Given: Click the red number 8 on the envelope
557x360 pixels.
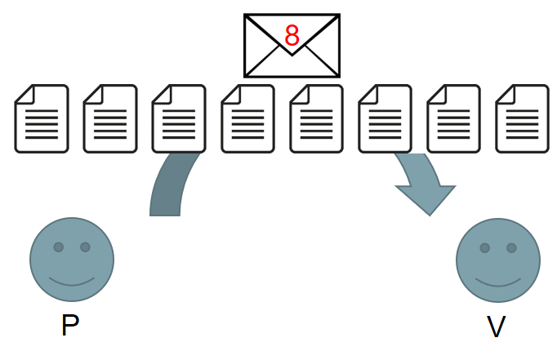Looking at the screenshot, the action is click(292, 35).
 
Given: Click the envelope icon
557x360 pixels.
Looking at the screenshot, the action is click(292, 46).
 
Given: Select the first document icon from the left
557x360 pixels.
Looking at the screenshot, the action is click(42, 119).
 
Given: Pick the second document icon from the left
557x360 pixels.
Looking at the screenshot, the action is click(110, 119).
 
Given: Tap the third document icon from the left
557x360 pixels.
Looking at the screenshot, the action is click(179, 119).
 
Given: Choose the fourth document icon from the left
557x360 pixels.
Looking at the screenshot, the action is click(247, 119).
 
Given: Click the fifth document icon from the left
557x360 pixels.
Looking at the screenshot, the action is click(316, 119).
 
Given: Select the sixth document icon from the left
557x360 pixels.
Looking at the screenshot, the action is click(385, 119).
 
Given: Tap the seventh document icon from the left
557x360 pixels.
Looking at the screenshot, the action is click(453, 119).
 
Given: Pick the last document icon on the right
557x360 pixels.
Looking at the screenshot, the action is click(522, 119).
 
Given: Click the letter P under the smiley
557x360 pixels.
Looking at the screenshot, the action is click(70, 325).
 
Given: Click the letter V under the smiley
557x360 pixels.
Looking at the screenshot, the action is click(496, 327).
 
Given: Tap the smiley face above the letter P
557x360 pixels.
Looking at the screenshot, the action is click(72, 260).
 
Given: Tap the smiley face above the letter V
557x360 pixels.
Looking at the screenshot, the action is click(498, 260).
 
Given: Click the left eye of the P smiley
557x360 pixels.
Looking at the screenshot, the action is click(59, 247).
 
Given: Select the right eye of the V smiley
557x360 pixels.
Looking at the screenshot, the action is click(511, 248).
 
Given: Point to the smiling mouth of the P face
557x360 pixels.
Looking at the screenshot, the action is click(72, 282).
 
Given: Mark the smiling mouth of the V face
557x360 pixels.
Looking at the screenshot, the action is click(498, 282).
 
